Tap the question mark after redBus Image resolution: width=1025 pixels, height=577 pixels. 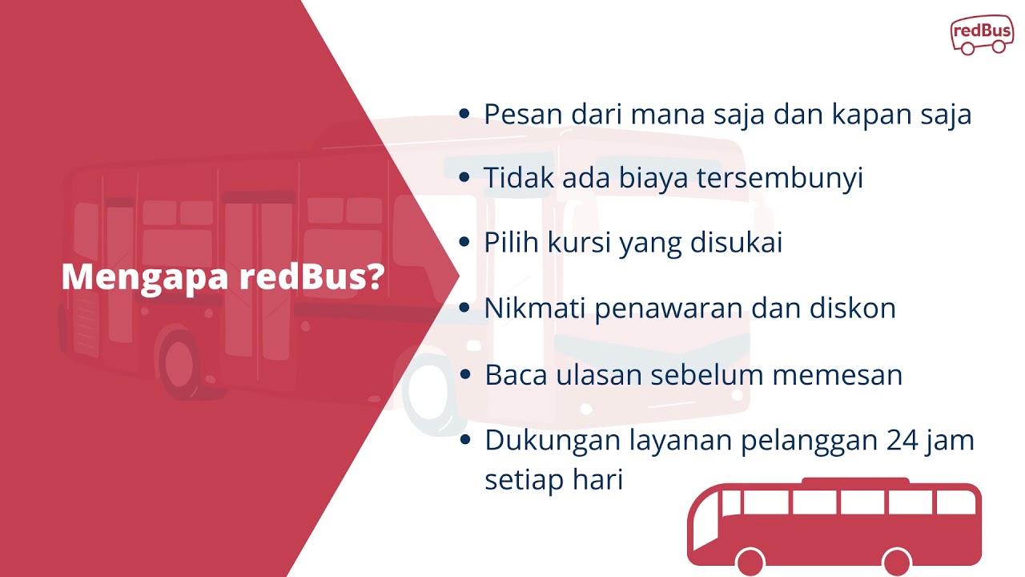(372, 278)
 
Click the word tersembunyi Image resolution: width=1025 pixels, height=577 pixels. (780, 178)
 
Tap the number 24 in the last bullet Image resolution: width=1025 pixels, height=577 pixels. (903, 441)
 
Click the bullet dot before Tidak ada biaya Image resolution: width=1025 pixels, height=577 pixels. (464, 178)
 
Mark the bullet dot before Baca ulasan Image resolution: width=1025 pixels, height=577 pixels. (464, 375)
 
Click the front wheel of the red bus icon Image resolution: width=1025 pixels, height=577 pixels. (750, 561)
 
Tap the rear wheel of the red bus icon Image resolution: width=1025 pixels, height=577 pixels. (897, 561)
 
